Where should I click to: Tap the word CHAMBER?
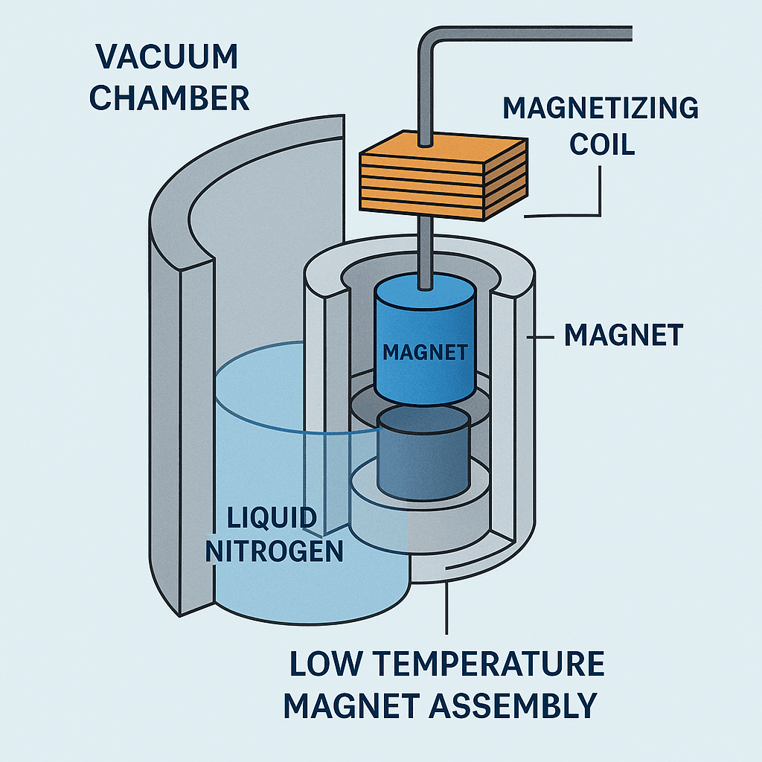pos(169,99)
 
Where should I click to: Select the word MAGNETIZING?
pos(601,109)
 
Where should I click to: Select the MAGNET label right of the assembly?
pos(623,336)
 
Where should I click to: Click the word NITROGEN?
pos(274,551)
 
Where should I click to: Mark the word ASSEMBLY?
pos(506,705)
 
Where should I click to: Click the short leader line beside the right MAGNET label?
pos(542,338)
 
